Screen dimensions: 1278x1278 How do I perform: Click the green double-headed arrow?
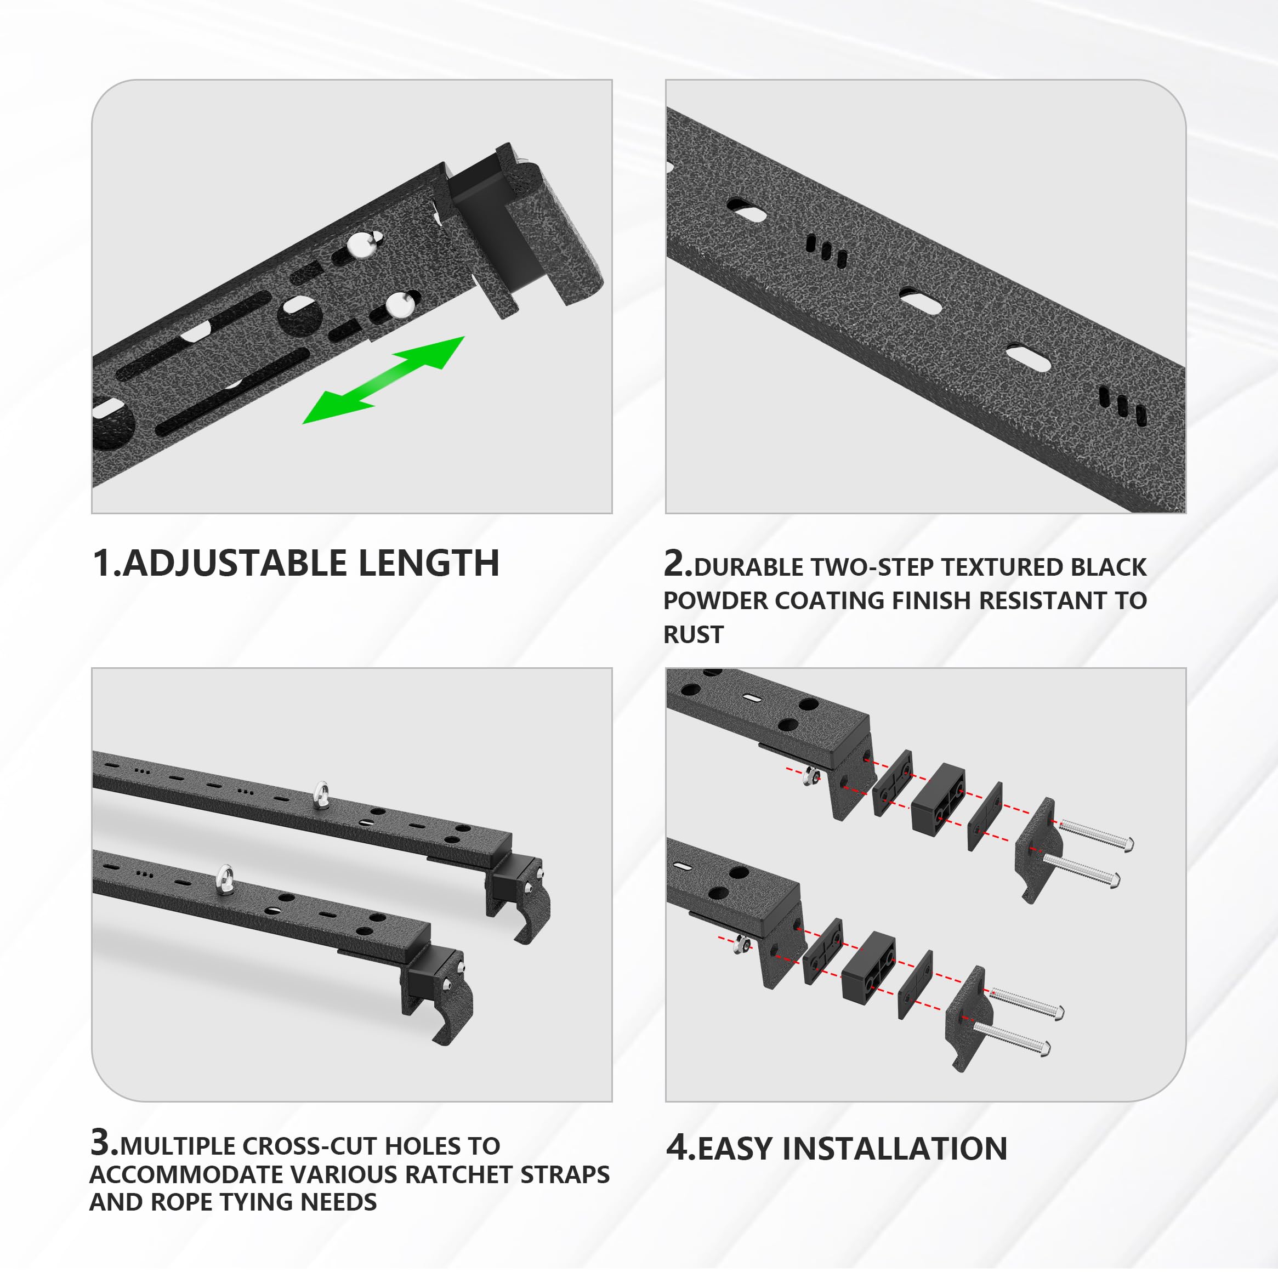[x=384, y=380]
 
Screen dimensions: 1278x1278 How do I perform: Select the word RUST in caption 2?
[x=693, y=635]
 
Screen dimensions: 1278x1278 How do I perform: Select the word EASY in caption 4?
[x=734, y=1149]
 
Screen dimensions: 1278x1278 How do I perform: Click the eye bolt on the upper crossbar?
[x=321, y=795]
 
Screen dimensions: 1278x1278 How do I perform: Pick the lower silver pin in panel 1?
[x=399, y=305]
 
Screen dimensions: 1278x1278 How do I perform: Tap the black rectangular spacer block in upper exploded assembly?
[x=938, y=798]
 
